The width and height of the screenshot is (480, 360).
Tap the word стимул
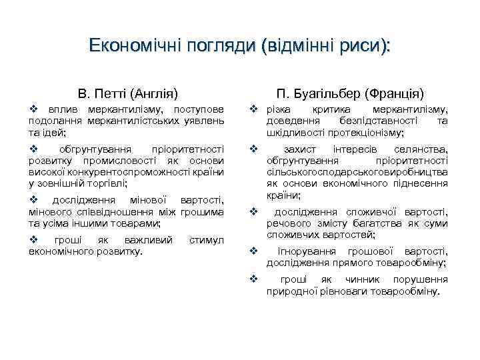(207, 239)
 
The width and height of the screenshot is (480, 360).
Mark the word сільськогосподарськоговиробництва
(357, 171)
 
